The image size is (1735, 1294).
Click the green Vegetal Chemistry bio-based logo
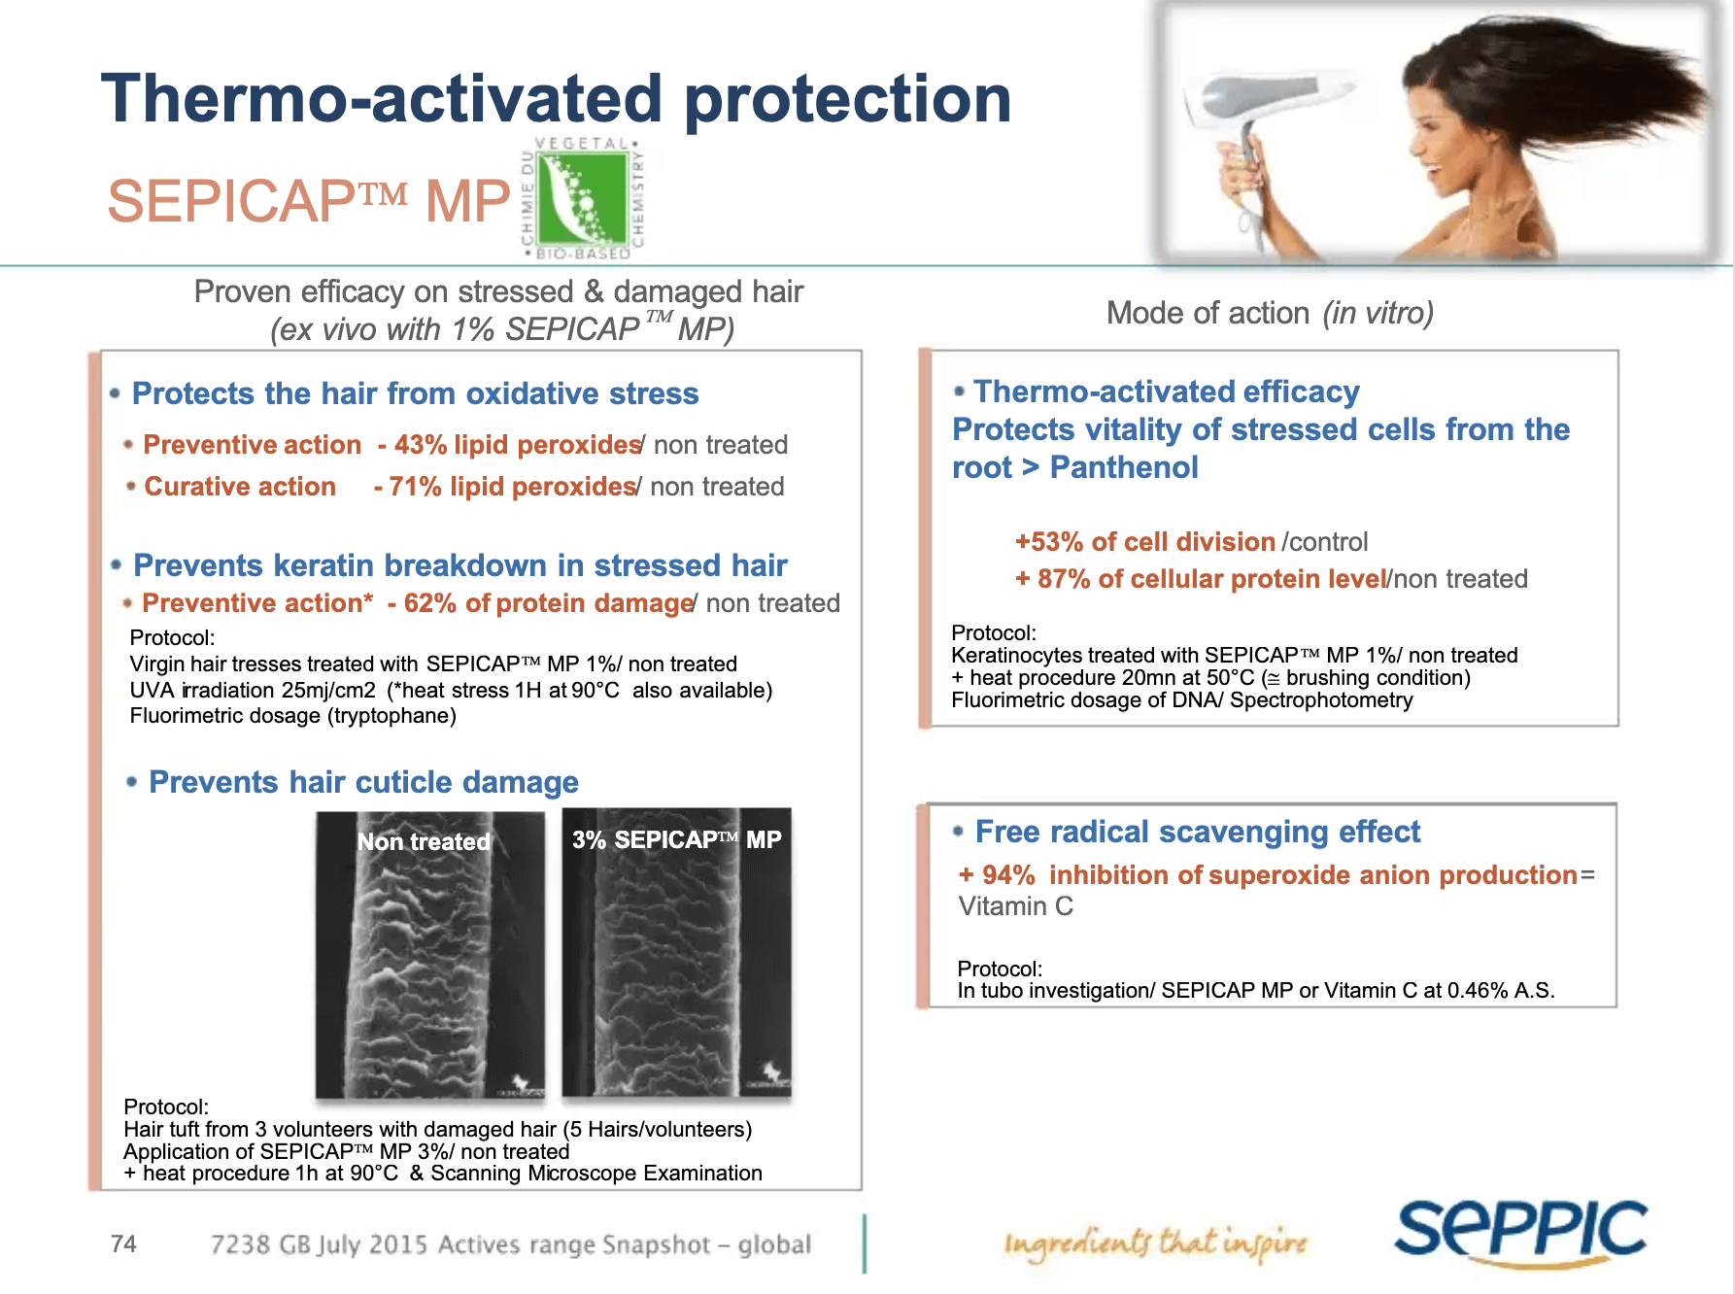[x=583, y=199]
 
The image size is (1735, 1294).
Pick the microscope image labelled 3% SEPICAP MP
[x=677, y=953]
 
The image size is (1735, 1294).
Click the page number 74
[x=123, y=1243]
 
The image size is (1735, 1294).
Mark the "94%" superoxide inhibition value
[x=1008, y=875]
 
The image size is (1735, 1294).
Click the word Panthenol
[x=1124, y=467]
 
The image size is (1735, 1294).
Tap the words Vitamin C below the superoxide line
[x=1016, y=906]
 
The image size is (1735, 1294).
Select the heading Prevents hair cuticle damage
[x=363, y=782]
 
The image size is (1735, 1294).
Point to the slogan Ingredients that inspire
[x=1156, y=1243]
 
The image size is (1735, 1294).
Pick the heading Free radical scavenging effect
[x=1197, y=832]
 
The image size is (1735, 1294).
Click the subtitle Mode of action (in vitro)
[x=1270, y=313]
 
